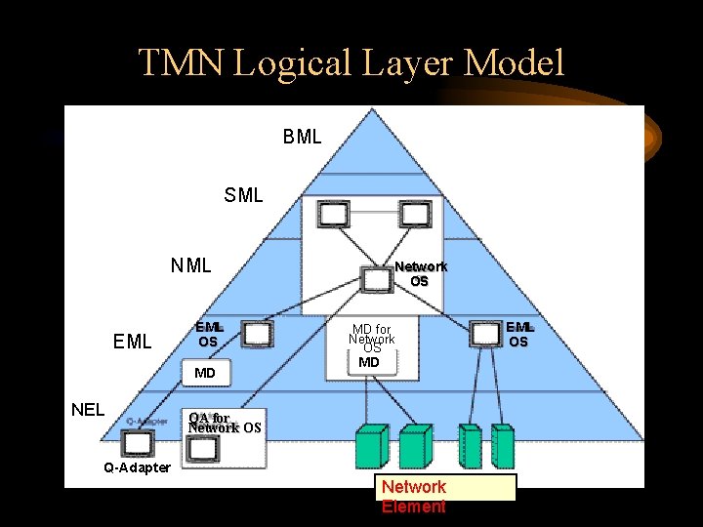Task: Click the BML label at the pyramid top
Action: click(302, 137)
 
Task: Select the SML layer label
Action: click(243, 195)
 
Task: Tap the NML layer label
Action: click(190, 265)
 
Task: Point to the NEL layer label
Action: click(88, 409)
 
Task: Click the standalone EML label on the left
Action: click(133, 342)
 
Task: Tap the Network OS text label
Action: click(420, 273)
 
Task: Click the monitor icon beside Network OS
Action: click(375, 278)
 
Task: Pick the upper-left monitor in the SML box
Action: click(335, 213)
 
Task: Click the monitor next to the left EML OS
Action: click(257, 334)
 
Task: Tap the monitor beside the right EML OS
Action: click(484, 334)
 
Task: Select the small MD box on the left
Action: click(204, 373)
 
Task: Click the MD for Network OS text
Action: click(372, 340)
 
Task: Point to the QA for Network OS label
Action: click(223, 423)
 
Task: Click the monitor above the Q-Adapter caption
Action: click(138, 443)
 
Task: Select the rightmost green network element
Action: click(502, 448)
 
